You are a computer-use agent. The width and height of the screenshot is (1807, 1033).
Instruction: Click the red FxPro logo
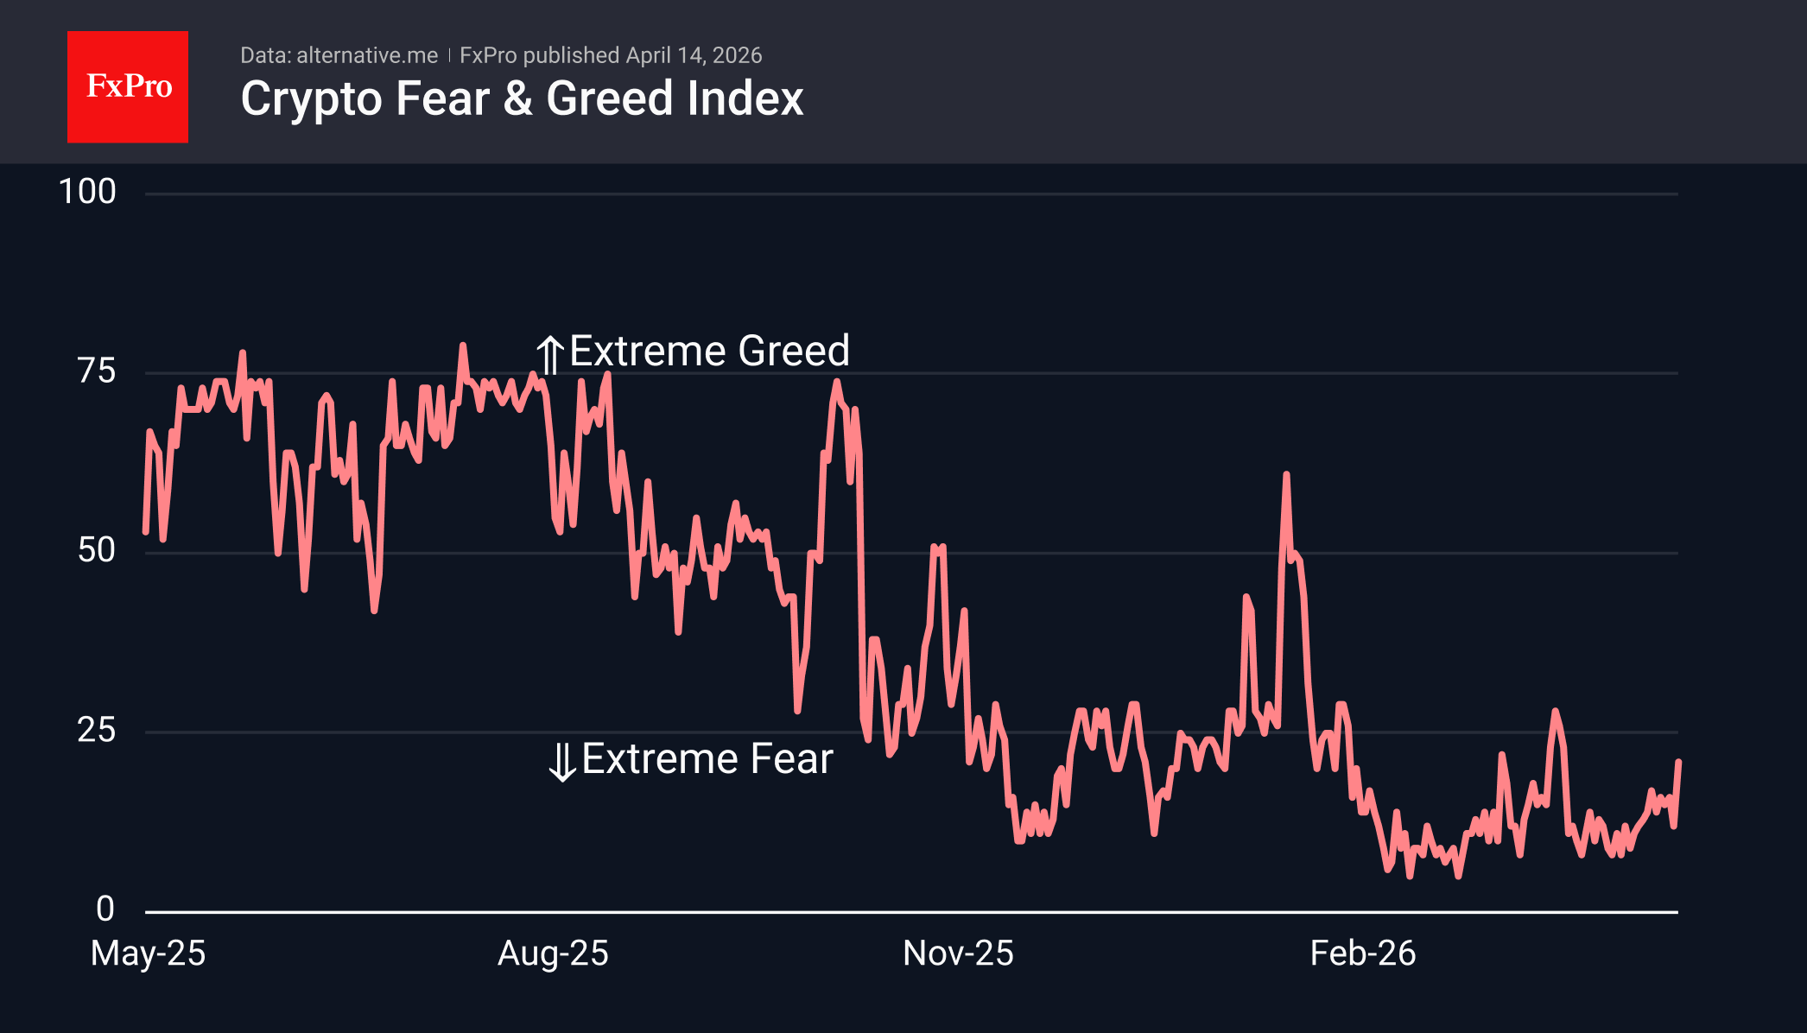[128, 87]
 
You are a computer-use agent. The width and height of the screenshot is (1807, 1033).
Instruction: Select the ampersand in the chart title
[517, 99]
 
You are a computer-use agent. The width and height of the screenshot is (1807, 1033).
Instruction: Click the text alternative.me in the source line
[367, 55]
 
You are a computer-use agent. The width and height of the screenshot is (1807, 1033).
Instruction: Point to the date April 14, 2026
[694, 55]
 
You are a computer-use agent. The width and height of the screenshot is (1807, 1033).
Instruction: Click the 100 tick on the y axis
[87, 192]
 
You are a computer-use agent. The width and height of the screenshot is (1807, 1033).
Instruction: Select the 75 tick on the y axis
[96, 371]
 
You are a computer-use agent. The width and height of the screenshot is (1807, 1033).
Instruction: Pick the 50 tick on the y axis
[96, 550]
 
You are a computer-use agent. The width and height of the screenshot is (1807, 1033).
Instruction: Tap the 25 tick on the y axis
[96, 730]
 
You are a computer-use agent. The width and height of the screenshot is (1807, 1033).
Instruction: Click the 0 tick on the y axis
[105, 909]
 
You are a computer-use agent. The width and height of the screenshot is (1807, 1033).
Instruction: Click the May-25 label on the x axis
[148, 954]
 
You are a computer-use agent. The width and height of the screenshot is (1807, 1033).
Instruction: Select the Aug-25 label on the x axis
[553, 954]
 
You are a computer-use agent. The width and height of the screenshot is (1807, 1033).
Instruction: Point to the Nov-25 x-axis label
[958, 954]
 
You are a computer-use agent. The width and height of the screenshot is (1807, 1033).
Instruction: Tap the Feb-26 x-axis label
[1362, 954]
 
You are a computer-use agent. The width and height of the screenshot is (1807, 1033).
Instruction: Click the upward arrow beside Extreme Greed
[550, 353]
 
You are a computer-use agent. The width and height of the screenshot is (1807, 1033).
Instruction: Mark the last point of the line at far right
[1677, 762]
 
